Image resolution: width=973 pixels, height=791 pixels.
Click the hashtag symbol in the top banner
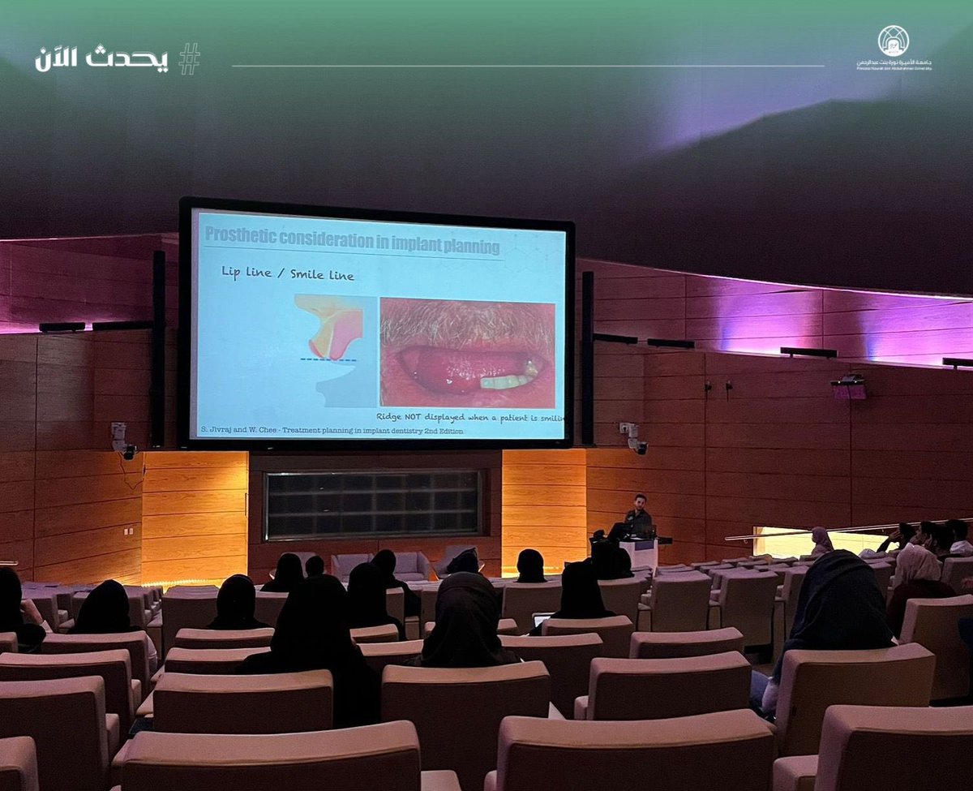[189, 58]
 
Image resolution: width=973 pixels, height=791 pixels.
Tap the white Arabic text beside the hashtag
[101, 59]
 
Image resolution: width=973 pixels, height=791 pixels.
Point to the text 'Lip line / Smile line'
[288, 274]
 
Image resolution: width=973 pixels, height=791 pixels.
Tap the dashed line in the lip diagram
[328, 359]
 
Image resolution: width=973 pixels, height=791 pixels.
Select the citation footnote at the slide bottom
[331, 431]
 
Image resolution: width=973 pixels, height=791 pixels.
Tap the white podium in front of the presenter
[641, 553]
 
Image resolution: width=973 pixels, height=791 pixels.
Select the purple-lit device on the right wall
[849, 387]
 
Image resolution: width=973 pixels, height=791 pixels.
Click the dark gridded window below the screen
[373, 504]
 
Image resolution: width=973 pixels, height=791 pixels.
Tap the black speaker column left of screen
[158, 349]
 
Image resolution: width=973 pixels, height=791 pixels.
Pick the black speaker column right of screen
[587, 357]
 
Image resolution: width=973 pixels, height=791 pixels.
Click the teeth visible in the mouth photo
[506, 380]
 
